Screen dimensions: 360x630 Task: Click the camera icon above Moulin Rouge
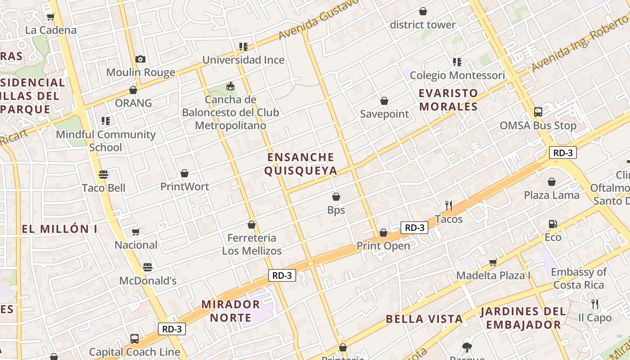pyautogui.click(x=140, y=59)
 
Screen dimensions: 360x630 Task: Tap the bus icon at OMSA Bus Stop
pyautogui.click(x=538, y=112)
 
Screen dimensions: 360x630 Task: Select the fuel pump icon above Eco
pyautogui.click(x=553, y=224)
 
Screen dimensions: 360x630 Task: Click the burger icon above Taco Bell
pyautogui.click(x=103, y=175)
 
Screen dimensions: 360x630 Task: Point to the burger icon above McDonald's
pyautogui.click(x=148, y=267)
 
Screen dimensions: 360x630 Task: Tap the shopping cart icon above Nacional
pyautogui.click(x=135, y=232)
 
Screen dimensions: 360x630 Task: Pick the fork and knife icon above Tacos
pyautogui.click(x=449, y=206)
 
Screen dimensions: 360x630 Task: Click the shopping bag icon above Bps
pyautogui.click(x=336, y=197)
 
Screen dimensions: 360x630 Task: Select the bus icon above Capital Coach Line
pyautogui.click(x=134, y=338)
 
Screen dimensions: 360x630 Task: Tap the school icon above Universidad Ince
pyautogui.click(x=243, y=47)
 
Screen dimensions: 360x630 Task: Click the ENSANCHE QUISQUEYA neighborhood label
pyautogui.click(x=301, y=164)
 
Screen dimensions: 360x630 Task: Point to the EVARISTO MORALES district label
pyautogui.click(x=448, y=100)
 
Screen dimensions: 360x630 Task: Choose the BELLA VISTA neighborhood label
pyautogui.click(x=424, y=319)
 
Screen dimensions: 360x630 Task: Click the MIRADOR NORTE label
pyautogui.click(x=230, y=310)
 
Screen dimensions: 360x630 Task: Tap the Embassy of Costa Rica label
pyautogui.click(x=579, y=278)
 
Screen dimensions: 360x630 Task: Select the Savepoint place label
pyautogui.click(x=384, y=114)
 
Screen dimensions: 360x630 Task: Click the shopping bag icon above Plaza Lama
pyautogui.click(x=552, y=182)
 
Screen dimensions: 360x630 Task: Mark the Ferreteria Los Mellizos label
pyautogui.click(x=252, y=244)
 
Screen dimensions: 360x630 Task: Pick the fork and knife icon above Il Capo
pyautogui.click(x=595, y=304)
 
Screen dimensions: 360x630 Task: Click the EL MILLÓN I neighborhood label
pyautogui.click(x=60, y=229)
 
